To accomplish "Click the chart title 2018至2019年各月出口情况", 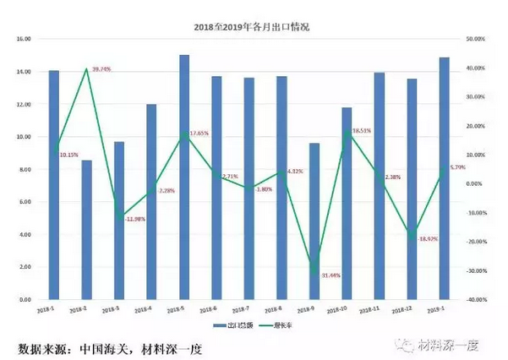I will [x=254, y=27].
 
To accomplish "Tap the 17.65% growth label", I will [x=201, y=134].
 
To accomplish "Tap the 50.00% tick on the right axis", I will [x=476, y=39].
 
